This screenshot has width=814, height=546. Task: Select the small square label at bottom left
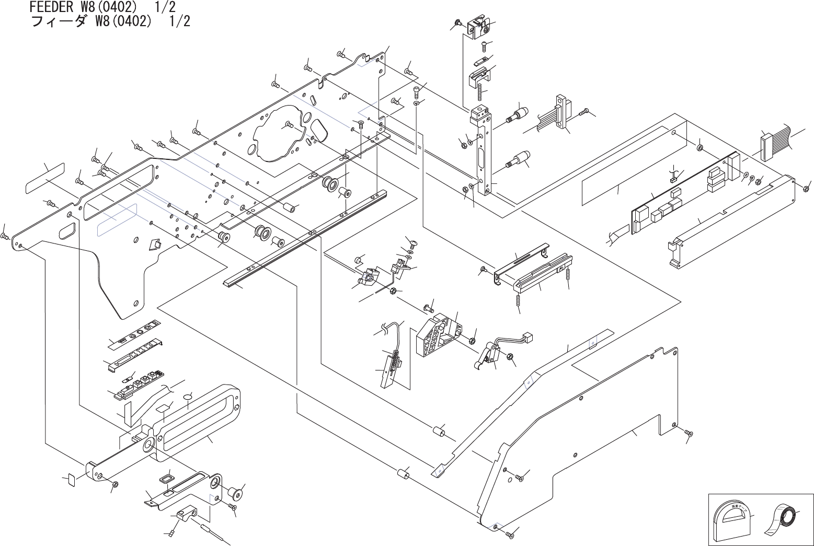(x=69, y=480)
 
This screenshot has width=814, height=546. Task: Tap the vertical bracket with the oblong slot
(x=483, y=152)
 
